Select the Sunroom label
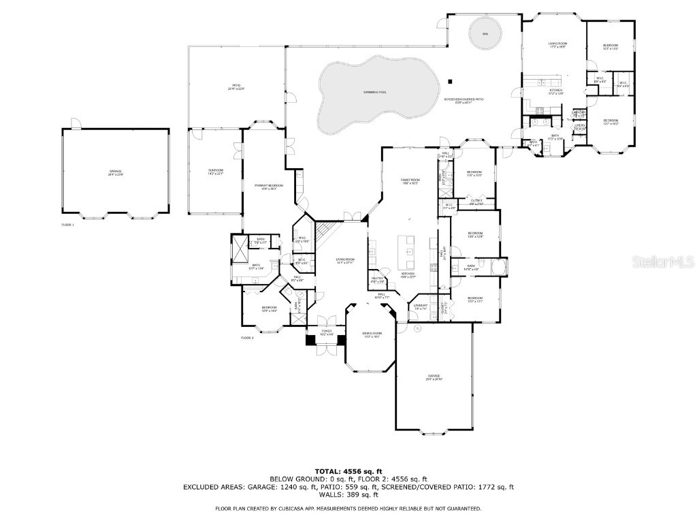215,172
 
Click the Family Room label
408,181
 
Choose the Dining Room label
372,334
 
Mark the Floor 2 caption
247,338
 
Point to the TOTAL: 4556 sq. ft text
348,471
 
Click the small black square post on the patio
449,82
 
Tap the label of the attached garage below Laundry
434,377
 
